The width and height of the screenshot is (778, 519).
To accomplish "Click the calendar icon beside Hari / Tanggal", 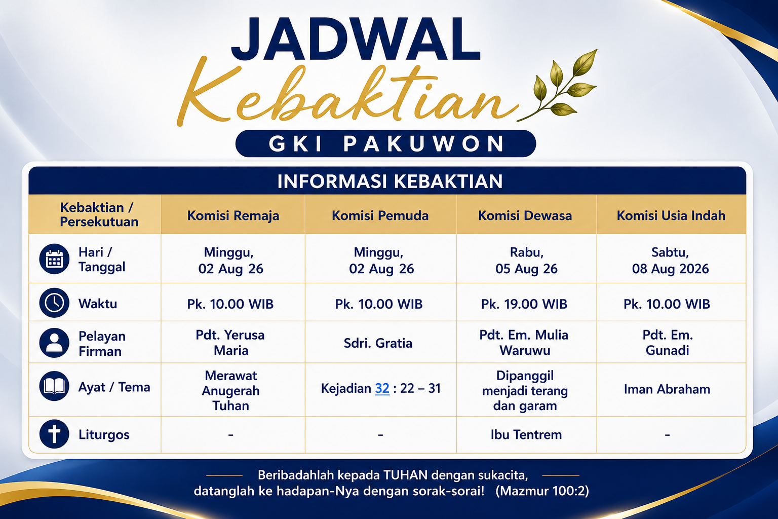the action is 54,259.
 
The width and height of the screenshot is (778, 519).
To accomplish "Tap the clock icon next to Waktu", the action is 54,303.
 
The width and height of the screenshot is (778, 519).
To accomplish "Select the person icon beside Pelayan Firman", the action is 54,343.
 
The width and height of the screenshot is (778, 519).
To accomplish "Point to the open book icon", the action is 54,386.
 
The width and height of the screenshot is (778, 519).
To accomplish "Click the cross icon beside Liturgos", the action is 54,434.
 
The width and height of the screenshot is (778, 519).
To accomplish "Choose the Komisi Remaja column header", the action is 233,215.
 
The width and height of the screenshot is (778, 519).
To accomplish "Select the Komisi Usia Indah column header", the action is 671,215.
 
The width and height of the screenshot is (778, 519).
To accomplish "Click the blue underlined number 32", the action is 382,388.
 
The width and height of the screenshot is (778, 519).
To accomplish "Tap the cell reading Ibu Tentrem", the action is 526,434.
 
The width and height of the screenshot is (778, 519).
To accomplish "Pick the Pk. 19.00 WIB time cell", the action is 524,304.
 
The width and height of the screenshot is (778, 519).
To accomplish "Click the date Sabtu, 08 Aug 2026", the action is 670,261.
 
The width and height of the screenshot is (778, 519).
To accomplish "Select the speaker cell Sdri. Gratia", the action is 378,343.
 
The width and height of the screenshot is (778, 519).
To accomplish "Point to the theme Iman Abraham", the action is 667,389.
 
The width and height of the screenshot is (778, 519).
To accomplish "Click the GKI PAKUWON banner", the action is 385,143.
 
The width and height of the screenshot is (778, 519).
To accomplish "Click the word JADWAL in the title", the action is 356,39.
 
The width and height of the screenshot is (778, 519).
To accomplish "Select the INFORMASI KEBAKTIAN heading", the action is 390,181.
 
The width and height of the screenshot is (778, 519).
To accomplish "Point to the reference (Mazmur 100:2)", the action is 542,491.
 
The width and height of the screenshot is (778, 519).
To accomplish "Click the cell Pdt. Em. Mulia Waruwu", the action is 524,343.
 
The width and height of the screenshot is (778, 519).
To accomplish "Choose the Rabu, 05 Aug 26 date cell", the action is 526,261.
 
